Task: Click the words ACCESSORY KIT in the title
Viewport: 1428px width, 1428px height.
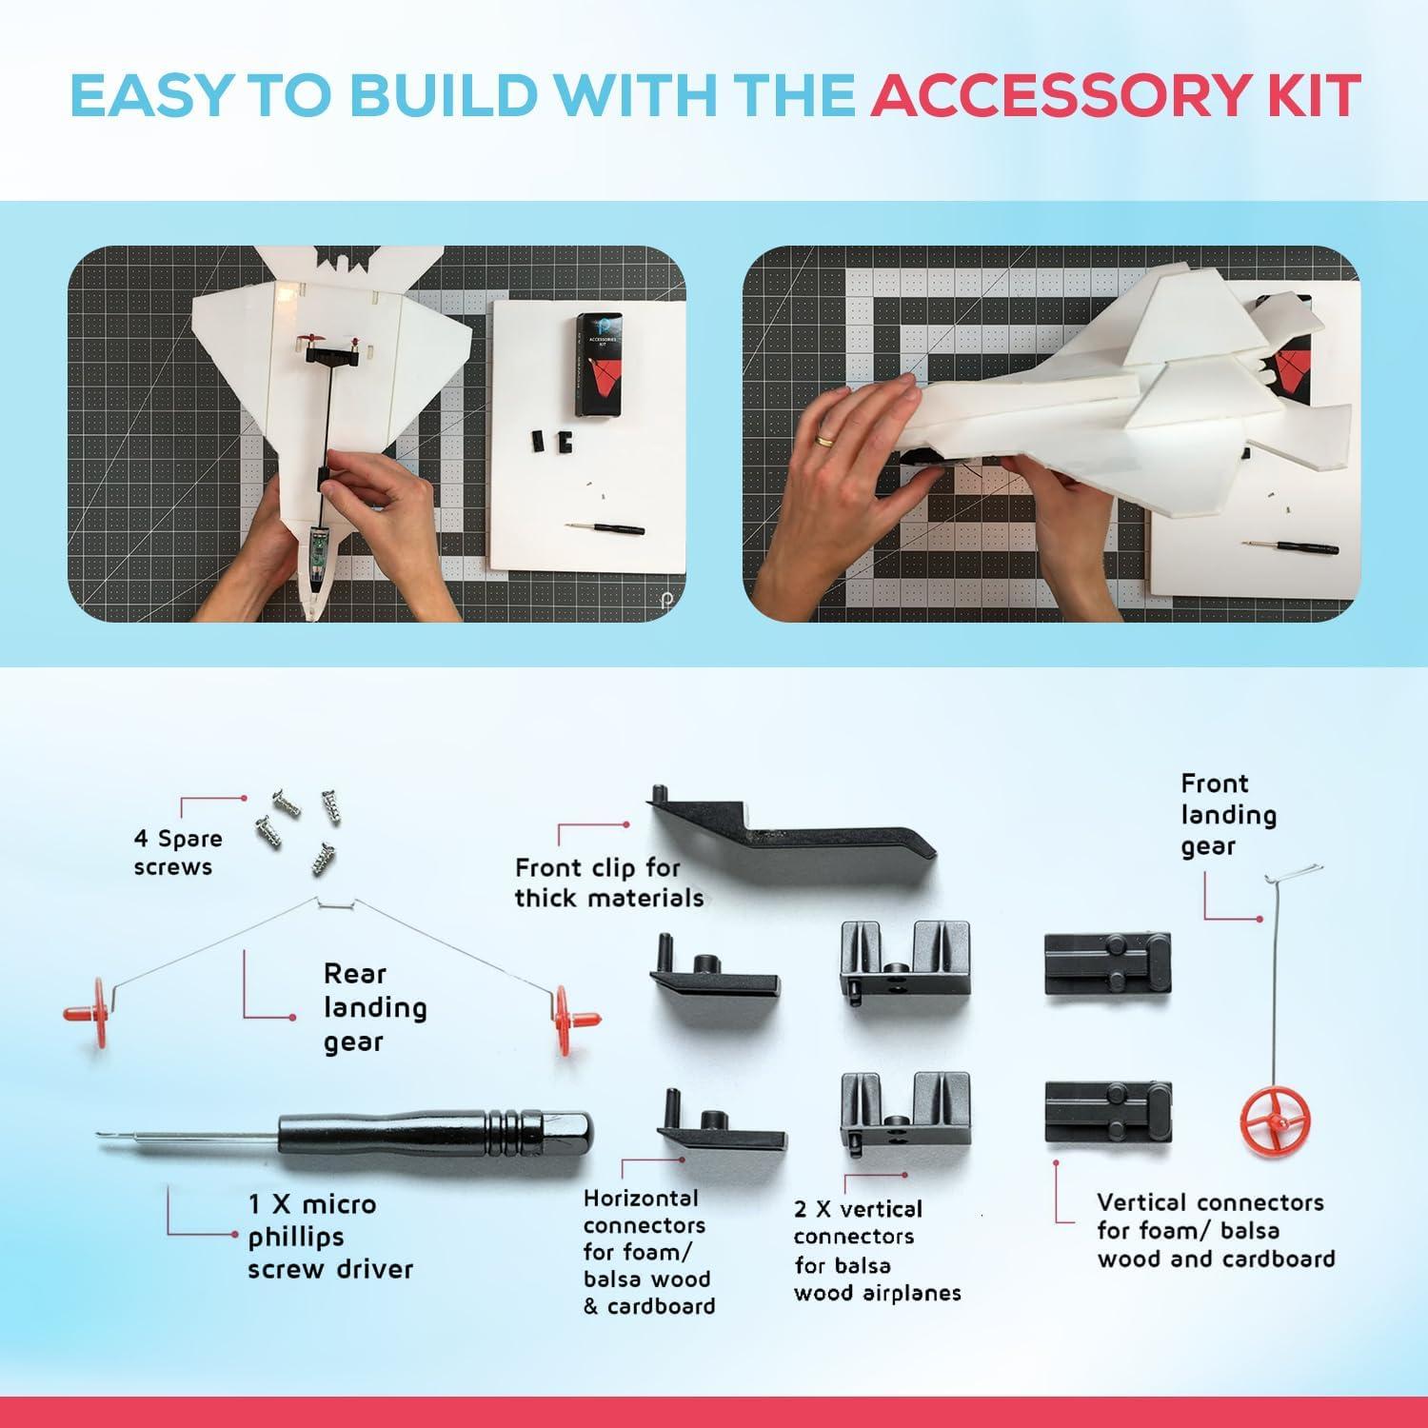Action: click(x=1115, y=95)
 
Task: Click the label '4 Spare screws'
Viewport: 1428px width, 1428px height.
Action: click(x=177, y=852)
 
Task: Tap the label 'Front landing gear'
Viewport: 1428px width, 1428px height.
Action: click(x=1228, y=815)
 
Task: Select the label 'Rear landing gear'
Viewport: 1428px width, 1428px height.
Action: click(x=374, y=1007)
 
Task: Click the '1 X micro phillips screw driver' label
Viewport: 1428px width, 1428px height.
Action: click(x=330, y=1236)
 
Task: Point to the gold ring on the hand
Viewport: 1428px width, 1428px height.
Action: click(x=824, y=440)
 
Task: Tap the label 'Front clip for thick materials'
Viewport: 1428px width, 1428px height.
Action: click(x=609, y=883)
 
